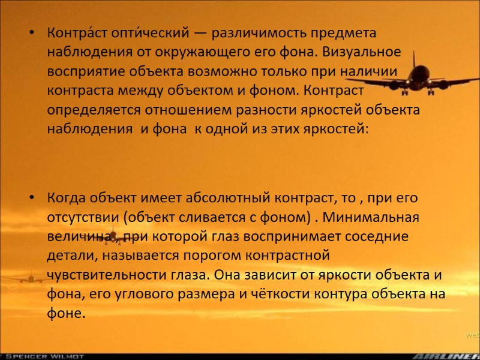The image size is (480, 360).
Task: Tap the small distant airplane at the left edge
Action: coord(28,278)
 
